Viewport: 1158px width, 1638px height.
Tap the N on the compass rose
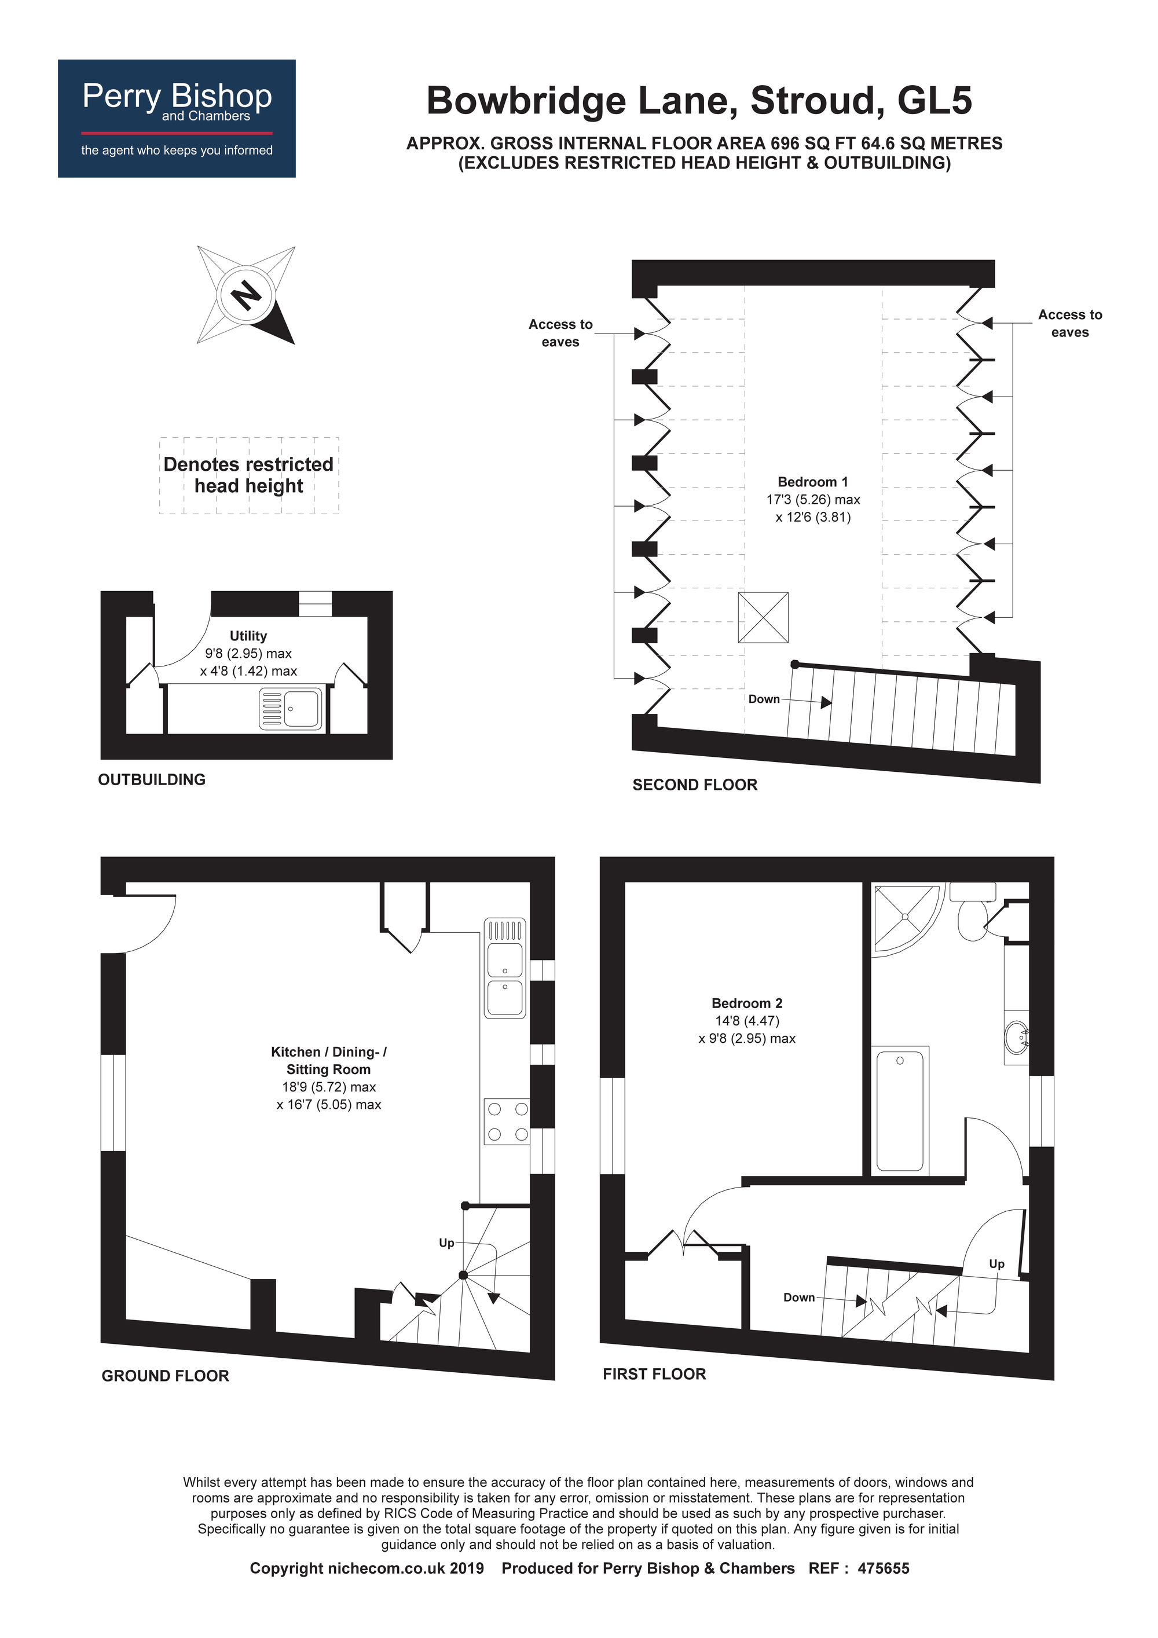(246, 294)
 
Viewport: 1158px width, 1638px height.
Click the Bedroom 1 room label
(813, 482)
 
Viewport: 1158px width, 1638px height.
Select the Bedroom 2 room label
(746, 1003)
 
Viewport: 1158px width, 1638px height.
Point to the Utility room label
(248, 636)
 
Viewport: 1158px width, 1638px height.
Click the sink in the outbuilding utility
(291, 709)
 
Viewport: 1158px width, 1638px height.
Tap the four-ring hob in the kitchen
(507, 1122)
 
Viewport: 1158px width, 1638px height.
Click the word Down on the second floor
(764, 699)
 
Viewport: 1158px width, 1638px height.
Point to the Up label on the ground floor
(446, 1243)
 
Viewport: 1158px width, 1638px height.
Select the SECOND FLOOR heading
(694, 785)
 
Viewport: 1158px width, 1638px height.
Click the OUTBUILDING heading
(151, 780)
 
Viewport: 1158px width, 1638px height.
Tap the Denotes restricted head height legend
(249, 475)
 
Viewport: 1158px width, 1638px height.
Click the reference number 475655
(884, 1568)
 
